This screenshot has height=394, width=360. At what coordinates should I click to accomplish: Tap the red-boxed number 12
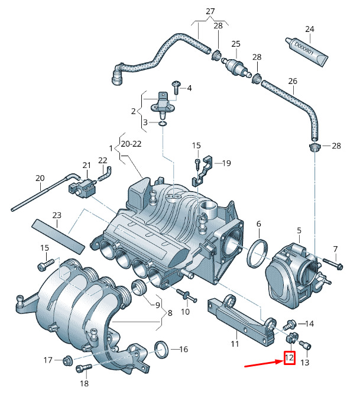tap(289, 358)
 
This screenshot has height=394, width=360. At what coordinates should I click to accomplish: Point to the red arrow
tap(264, 363)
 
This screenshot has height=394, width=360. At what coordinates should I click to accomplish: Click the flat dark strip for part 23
tap(57, 234)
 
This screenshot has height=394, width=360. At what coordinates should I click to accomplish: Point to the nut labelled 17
tap(67, 360)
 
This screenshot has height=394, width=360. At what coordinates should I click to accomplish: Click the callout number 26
tap(292, 80)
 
